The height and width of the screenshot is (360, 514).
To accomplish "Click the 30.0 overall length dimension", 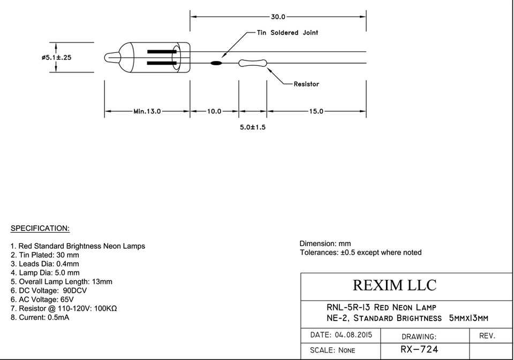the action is coord(278,17).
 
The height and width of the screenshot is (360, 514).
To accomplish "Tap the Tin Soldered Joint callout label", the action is coord(288,33).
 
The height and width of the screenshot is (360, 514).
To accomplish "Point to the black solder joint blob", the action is coord(216,63).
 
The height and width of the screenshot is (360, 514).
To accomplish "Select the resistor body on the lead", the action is coord(252,63).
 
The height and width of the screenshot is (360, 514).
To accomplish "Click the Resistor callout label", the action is coord(306,84).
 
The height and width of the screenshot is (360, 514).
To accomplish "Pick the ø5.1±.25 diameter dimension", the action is coord(56,57).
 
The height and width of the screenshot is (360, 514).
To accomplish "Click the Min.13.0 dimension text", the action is coord(147,111).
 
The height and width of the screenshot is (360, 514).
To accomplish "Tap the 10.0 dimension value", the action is coord(214,111).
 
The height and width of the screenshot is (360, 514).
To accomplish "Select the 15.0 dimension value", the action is coord(316,111).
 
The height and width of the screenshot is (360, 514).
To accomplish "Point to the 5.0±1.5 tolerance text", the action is coord(252,127).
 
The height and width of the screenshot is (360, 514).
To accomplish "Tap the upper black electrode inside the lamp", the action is coord(162,51).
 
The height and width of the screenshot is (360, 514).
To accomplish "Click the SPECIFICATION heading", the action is coord(40,228).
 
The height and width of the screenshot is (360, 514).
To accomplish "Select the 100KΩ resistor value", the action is coord(105,308).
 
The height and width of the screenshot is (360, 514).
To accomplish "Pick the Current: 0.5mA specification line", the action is coord(40,317).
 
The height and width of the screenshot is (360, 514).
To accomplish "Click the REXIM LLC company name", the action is coord(395,285).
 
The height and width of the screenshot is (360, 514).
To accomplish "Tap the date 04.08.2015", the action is coord(353,335).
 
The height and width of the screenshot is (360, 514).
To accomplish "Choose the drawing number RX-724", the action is coord(419,349).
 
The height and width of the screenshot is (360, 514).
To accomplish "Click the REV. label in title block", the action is coord(487,336).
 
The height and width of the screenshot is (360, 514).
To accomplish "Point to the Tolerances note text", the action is coord(360,252).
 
